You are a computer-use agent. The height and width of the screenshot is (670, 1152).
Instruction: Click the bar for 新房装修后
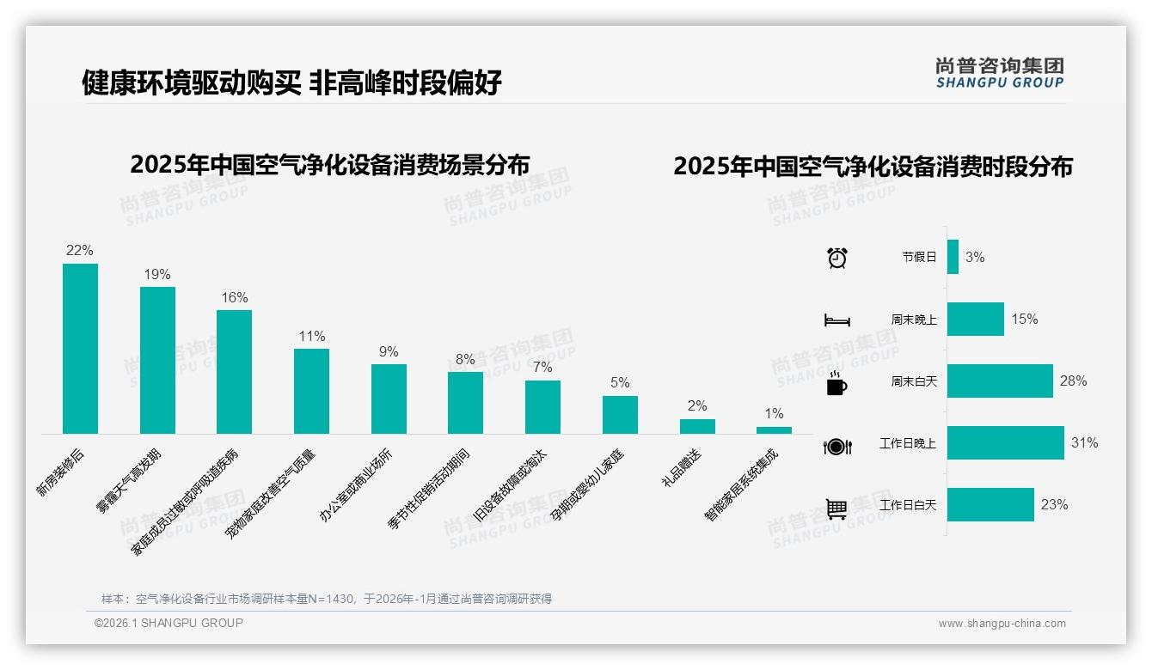pos(80,348)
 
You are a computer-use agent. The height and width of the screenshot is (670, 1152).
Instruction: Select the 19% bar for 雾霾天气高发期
pos(157,360)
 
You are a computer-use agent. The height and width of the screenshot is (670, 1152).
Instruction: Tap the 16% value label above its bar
pos(234,297)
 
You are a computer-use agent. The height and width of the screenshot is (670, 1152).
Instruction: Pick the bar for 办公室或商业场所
pos(389,399)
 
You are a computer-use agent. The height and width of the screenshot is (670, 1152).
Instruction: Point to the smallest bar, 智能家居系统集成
pos(774,429)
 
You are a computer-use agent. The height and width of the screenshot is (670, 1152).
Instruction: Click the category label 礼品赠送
pos(682,468)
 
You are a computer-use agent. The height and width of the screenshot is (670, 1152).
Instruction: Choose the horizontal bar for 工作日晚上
pos(1005,442)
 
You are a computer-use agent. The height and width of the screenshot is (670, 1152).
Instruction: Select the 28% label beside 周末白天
pos(1073,381)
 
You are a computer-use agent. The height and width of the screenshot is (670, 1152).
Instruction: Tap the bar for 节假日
pos(953,257)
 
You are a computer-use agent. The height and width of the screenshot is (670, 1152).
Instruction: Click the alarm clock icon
pos(836,257)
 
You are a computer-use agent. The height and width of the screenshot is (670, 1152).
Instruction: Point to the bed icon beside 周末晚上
pos(836,320)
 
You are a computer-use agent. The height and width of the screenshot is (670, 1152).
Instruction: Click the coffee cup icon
pos(836,383)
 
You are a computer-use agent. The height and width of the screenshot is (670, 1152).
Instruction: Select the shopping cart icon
pos(836,509)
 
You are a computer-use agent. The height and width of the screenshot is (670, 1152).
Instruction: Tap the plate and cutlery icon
pos(836,446)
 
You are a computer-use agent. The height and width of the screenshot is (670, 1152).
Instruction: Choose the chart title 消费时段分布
pos(873,166)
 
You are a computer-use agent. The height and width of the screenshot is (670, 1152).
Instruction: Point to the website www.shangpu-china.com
pos(1002,624)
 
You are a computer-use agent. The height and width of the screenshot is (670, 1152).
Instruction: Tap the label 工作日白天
pos(908,505)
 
